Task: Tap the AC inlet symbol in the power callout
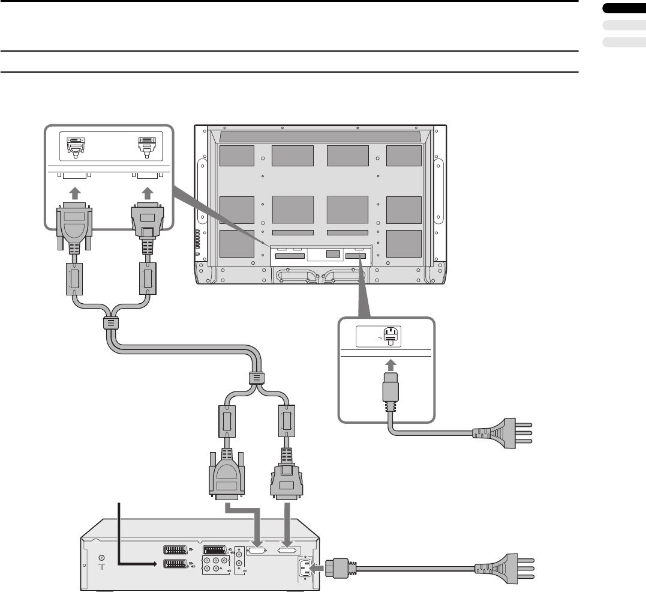coord(389,337)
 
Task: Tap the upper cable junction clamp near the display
coord(111,323)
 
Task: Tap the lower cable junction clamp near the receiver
coord(254,379)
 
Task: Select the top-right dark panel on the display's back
coord(404,156)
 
